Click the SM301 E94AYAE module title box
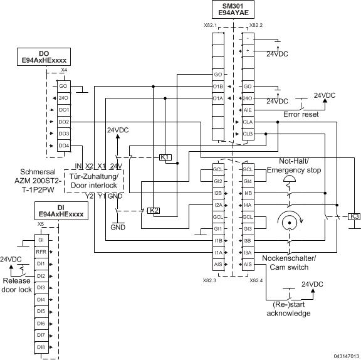point(232,9)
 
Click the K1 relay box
point(165,157)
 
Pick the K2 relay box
point(153,210)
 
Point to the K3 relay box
point(354,217)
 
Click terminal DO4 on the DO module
point(64,146)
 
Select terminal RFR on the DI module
point(41,252)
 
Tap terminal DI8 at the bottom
point(41,346)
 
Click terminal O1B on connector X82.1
point(218,86)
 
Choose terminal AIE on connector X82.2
point(248,110)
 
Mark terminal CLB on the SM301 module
point(248,134)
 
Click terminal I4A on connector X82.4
point(248,205)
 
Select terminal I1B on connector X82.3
point(218,241)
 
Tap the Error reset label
point(301,115)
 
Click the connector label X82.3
point(210,280)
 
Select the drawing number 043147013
point(347,355)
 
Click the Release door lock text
point(16,285)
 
